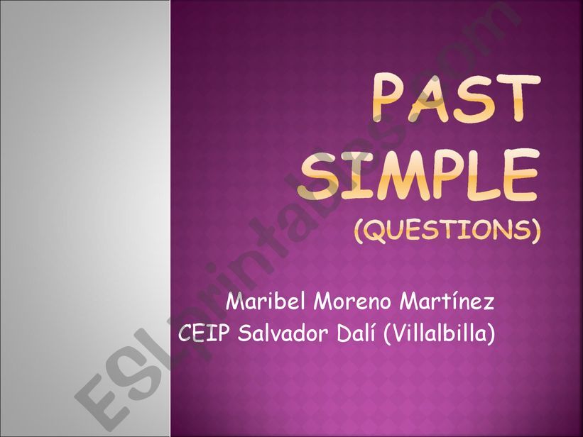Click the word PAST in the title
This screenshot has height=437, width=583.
point(456,99)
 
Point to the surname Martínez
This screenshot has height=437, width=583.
point(447,302)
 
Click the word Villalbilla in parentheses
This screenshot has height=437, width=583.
point(440,333)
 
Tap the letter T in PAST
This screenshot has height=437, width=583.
point(520,99)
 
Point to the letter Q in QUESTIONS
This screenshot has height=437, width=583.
point(376,231)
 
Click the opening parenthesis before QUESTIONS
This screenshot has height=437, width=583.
point(359,231)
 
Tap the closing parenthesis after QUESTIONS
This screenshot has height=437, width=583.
point(535,231)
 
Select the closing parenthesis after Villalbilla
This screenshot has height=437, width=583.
point(491,333)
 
